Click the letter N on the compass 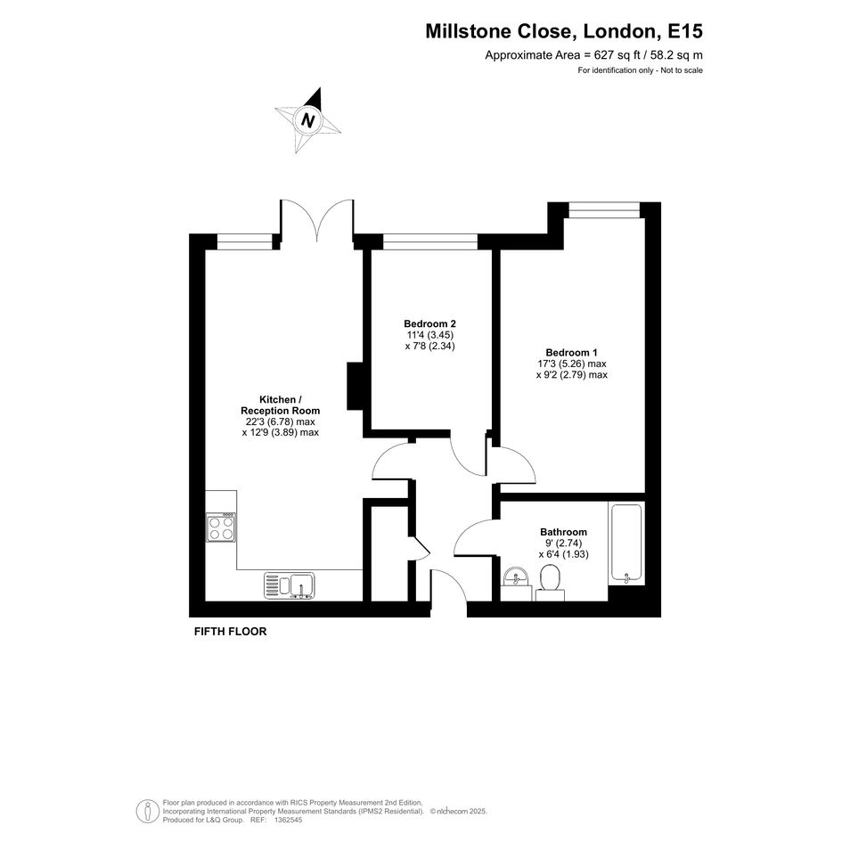[307, 119]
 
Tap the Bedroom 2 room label [429, 323]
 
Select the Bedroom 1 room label [571, 353]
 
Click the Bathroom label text [563, 532]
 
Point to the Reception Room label [281, 411]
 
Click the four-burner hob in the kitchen [221, 527]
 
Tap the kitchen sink [290, 585]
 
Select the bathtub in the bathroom [626, 543]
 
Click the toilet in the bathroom [550, 584]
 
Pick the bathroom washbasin [517, 577]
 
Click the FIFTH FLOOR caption [231, 632]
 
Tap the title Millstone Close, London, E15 [564, 31]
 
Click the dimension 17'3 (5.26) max [572, 364]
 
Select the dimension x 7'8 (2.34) [429, 346]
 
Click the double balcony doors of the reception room [317, 219]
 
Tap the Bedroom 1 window [605, 210]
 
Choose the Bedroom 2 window [430, 242]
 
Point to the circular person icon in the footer [147, 812]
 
